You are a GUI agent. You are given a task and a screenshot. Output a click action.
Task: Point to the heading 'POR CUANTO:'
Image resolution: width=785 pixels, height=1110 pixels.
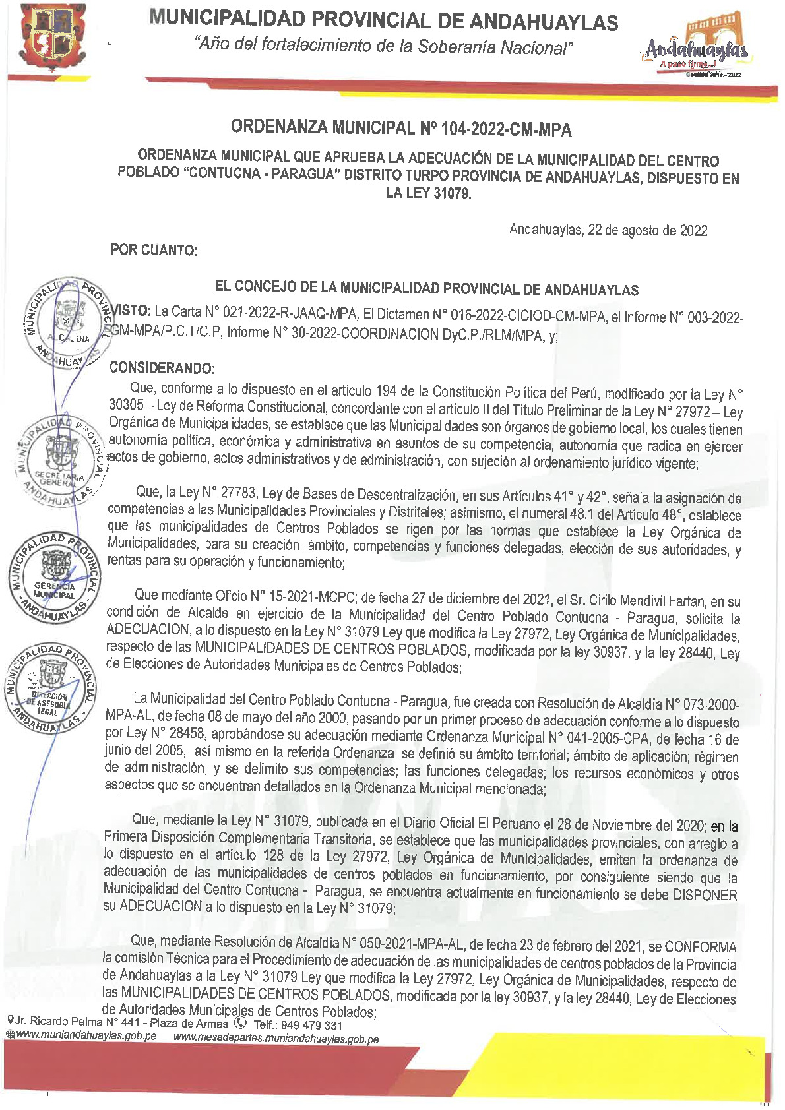pyautogui.click(x=154, y=251)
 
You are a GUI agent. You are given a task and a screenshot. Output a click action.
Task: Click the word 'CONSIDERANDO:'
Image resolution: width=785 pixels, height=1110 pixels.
pyautogui.click(x=162, y=368)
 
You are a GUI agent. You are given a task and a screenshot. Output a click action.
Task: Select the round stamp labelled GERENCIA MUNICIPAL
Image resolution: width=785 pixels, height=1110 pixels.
pyautogui.click(x=55, y=577)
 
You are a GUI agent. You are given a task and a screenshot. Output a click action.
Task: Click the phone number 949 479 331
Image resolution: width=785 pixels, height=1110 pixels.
pyautogui.click(x=311, y=1025)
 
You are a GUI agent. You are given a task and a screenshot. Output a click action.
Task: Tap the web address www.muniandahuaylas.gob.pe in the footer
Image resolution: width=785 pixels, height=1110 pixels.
pyautogui.click(x=86, y=1036)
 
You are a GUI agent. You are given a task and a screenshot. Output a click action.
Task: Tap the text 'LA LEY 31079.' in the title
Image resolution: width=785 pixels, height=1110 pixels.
pyautogui.click(x=428, y=194)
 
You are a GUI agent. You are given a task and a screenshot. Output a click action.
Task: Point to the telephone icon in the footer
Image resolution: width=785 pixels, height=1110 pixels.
pyautogui.click(x=240, y=1023)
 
